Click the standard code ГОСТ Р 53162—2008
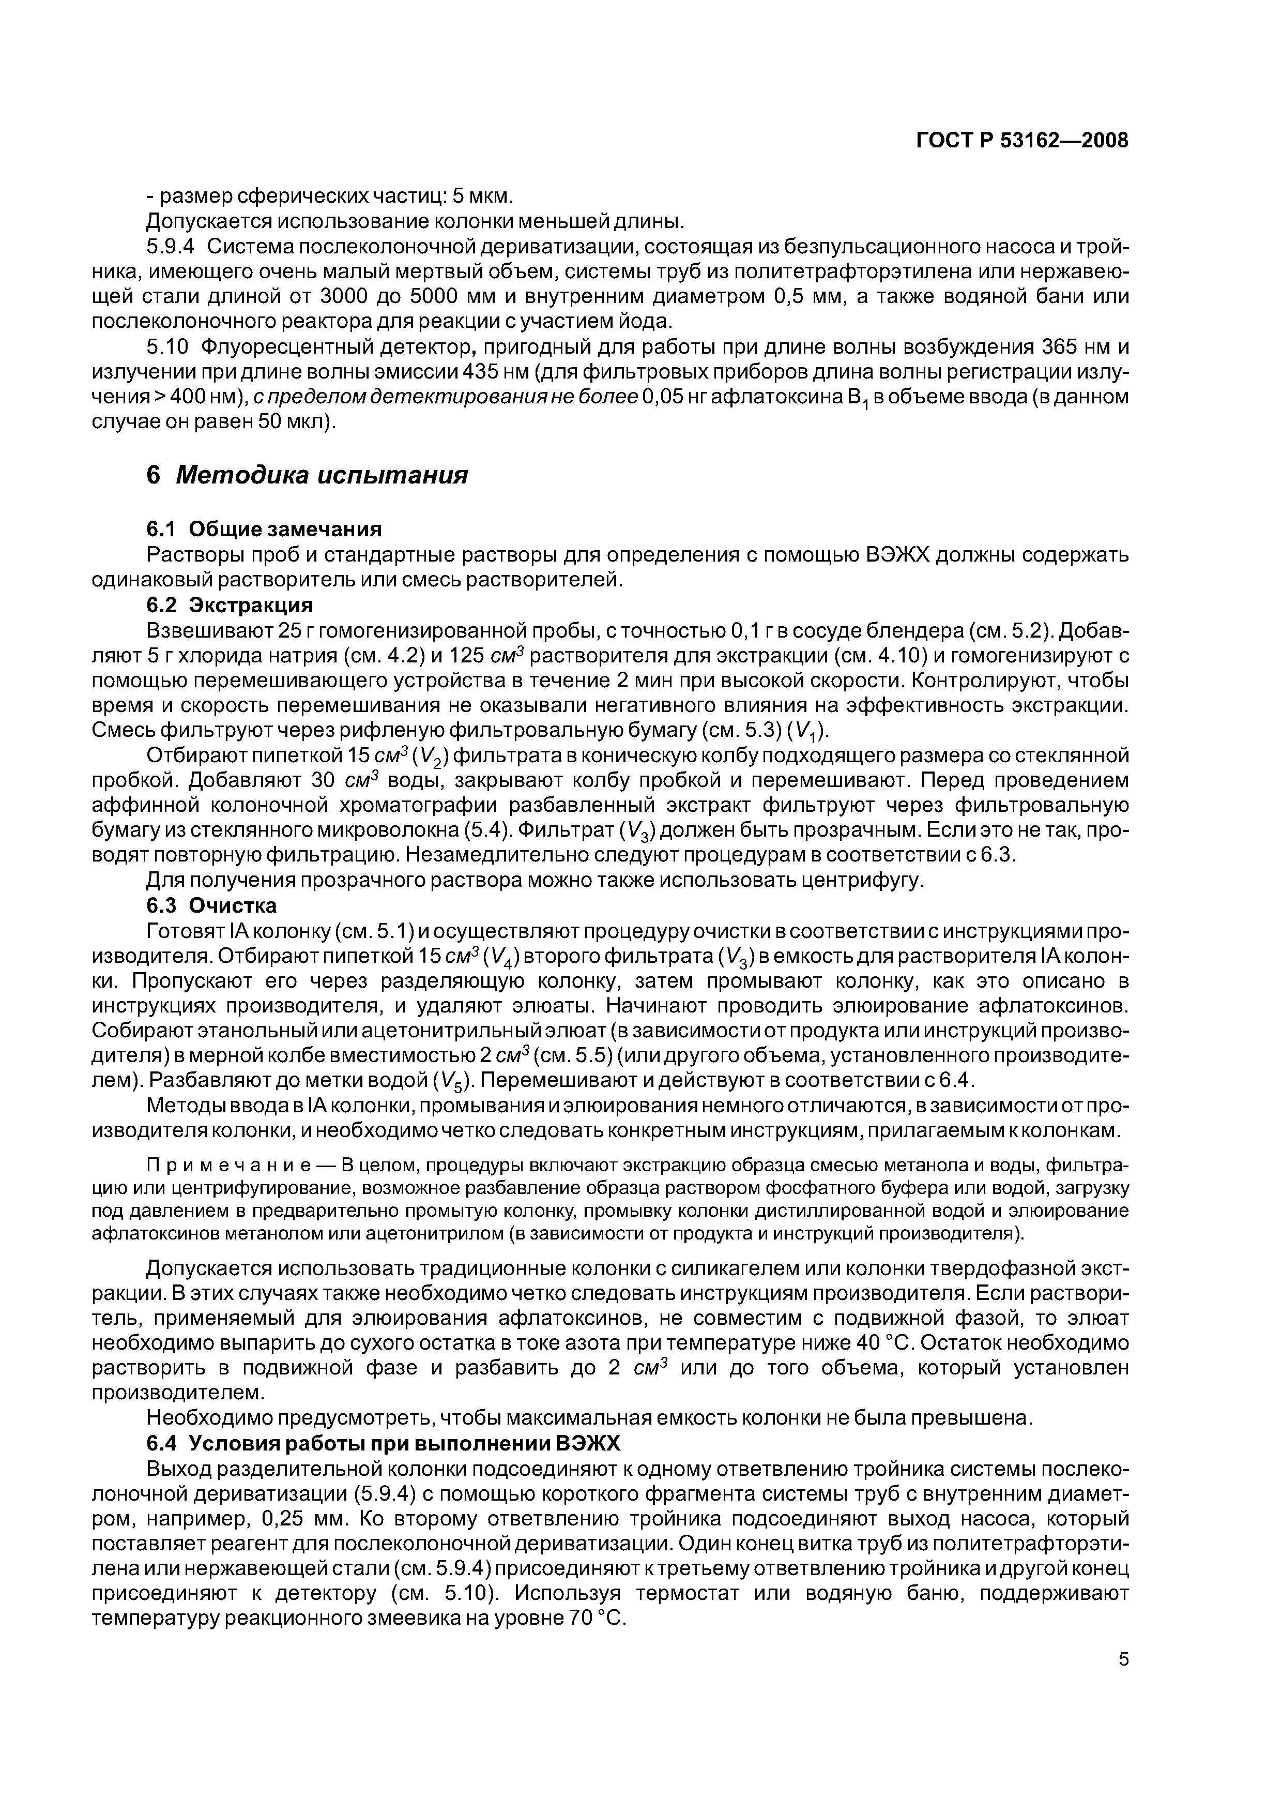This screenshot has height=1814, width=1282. point(1022,141)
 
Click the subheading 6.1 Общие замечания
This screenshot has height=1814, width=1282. point(265,528)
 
